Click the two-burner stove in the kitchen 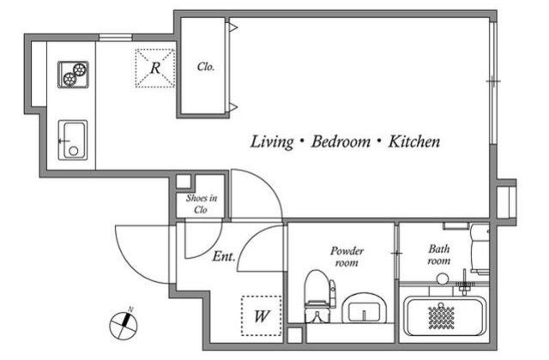(73, 75)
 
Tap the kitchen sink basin (73, 140)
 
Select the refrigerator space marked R (155, 68)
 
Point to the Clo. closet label (206, 67)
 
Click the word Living (272, 141)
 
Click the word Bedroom (341, 141)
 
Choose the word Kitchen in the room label (414, 141)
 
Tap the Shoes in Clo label (202, 204)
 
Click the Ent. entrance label (224, 256)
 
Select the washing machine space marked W (261, 316)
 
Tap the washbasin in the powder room (364, 308)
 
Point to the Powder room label (347, 256)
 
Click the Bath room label (439, 255)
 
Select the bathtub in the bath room (444, 316)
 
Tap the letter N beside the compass (130, 309)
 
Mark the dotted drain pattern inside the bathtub (442, 317)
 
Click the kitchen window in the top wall (116, 38)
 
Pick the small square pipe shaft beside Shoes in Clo (183, 182)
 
